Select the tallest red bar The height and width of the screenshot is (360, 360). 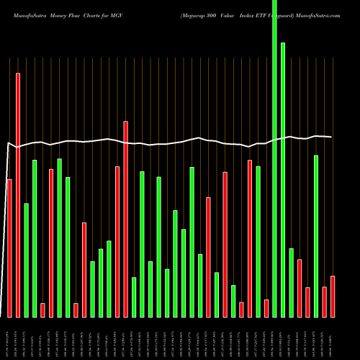[x=18, y=194]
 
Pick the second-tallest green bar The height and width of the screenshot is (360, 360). [x=283, y=180]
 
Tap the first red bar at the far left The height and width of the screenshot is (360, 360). [x=9, y=248]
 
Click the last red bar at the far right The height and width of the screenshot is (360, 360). [x=333, y=296]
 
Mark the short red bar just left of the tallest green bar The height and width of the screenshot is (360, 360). [x=266, y=308]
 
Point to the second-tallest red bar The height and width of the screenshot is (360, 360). [x=126, y=219]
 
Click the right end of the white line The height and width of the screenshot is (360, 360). [x=331, y=137]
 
